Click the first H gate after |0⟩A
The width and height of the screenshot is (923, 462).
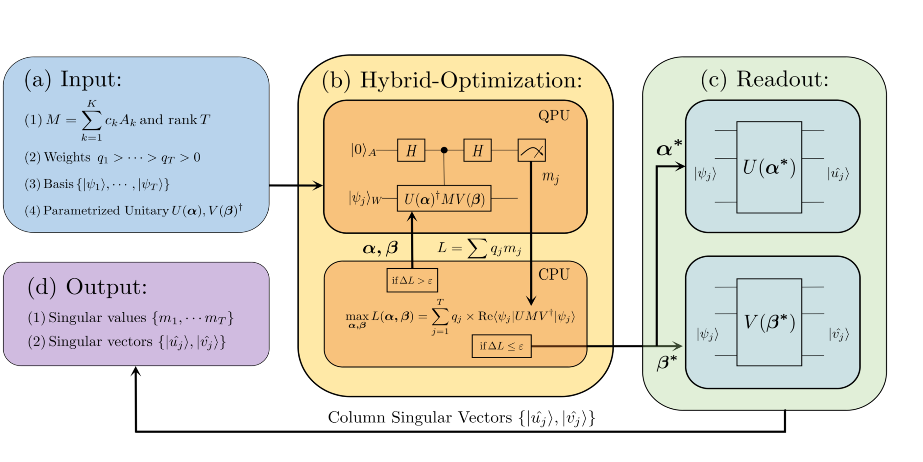(x=411, y=150)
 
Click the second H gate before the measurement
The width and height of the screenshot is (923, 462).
(x=477, y=150)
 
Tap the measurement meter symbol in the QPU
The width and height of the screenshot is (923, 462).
(x=531, y=150)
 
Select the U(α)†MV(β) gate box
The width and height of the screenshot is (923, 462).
(x=443, y=199)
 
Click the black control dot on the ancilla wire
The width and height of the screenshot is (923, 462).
(x=444, y=150)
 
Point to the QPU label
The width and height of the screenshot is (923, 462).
(x=553, y=115)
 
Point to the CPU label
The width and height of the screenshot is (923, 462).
(x=553, y=274)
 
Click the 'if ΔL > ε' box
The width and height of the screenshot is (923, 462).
(x=412, y=280)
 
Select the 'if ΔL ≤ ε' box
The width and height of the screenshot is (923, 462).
(x=501, y=346)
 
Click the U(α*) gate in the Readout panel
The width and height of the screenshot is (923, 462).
(x=769, y=167)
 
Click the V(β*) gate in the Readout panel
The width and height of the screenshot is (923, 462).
(x=769, y=322)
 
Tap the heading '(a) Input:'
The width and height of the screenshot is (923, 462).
(x=73, y=79)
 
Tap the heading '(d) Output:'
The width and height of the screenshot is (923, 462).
(x=87, y=287)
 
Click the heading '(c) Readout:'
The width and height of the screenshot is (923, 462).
(x=764, y=79)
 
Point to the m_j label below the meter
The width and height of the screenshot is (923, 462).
(x=550, y=177)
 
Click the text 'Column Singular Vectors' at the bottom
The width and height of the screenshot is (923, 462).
(x=420, y=417)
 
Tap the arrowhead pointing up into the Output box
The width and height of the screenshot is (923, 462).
(x=136, y=371)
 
